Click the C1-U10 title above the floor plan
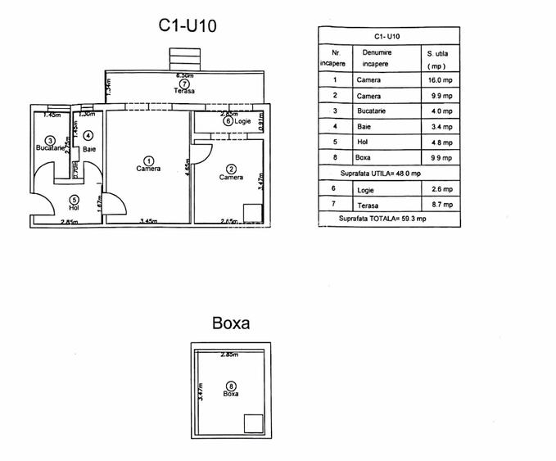[x=188, y=25]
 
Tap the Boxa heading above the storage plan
[x=230, y=323]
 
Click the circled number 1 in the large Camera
[x=148, y=160]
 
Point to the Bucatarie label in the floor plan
[x=49, y=148]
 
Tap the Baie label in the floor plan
[x=88, y=148]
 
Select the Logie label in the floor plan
[x=242, y=121]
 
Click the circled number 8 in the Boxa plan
[x=231, y=386]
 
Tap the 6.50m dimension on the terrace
[x=185, y=75]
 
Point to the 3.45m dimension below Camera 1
[x=148, y=221]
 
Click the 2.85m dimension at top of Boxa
[x=229, y=355]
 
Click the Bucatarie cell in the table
[x=371, y=111]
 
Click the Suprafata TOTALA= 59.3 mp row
[x=382, y=219]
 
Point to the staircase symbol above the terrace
[x=184, y=60]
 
